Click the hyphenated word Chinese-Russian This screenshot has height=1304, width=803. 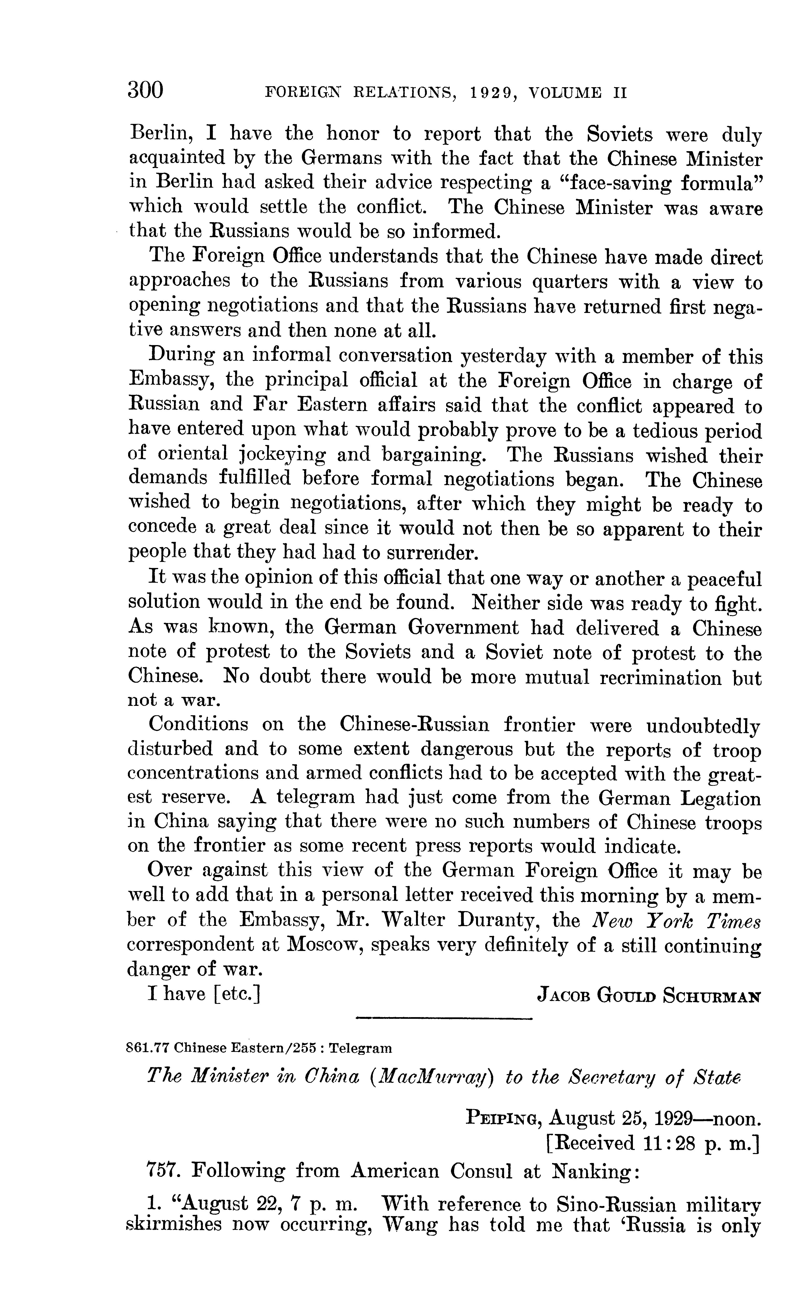point(414,725)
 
